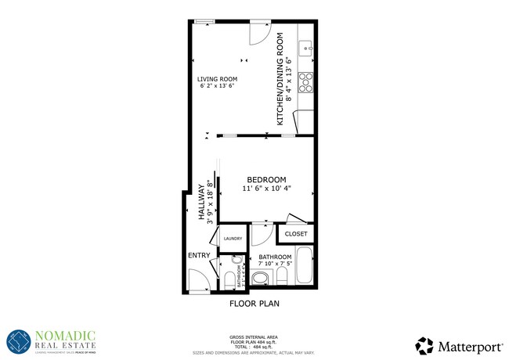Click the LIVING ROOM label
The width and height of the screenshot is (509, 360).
tap(218, 79)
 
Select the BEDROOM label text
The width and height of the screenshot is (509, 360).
tap(267, 179)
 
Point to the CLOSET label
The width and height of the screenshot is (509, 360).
tap(296, 234)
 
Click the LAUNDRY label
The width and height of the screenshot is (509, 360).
tap(233, 239)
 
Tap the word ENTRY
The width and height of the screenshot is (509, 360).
tap(199, 256)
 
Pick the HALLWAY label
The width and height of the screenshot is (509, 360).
tap(201, 203)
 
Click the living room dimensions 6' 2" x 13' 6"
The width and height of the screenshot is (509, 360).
tap(218, 87)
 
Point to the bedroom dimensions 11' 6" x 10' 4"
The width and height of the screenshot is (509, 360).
tap(267, 188)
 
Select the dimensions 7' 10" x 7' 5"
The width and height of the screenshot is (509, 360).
tap(276, 265)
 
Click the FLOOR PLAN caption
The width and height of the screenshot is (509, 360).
tap(254, 303)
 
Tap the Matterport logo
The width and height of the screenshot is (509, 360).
tap(457, 344)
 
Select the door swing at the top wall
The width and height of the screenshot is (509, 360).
tap(259, 34)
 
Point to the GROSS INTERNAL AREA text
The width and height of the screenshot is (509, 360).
tap(254, 333)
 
